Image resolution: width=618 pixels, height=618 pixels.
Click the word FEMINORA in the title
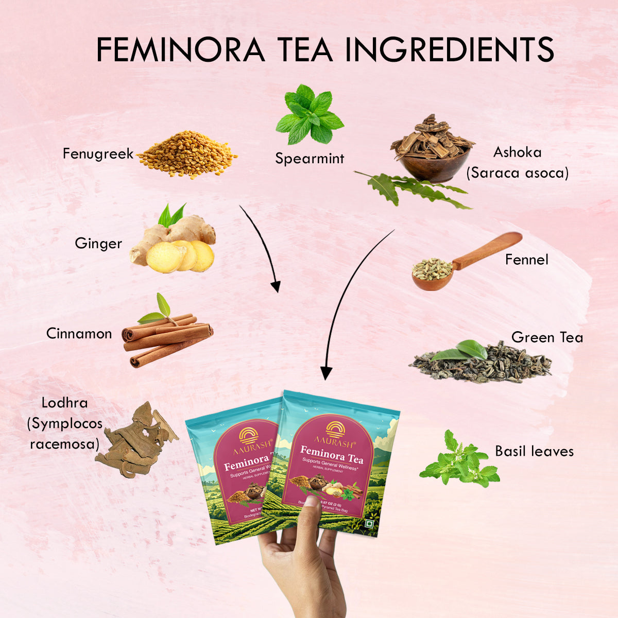180,49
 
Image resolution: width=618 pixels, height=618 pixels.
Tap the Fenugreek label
98,153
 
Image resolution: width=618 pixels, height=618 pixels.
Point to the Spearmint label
309,159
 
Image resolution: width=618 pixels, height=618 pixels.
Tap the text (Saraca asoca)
517,173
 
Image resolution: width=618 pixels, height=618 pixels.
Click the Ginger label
98,243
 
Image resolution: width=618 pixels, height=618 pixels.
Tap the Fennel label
526,260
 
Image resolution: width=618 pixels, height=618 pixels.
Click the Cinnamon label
79,334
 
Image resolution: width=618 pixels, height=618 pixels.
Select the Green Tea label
547,337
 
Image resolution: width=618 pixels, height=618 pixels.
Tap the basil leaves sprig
458,461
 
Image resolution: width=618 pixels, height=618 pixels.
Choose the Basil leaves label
534,451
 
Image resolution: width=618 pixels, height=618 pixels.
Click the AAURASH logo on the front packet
334,435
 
